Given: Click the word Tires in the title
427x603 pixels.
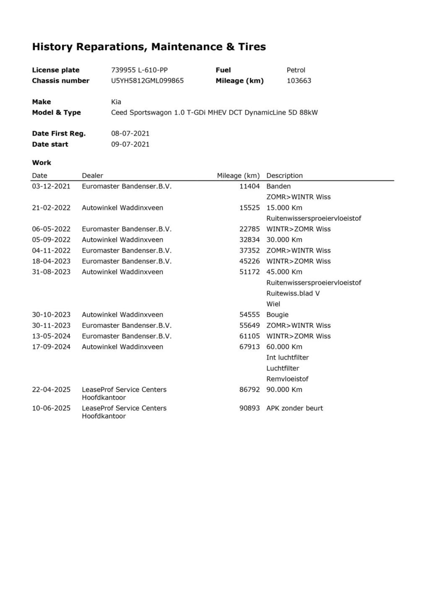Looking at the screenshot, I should coord(252,47).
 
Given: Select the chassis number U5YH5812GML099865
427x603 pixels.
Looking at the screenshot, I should coord(147,81).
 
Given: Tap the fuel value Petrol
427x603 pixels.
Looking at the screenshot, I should coord(296,70).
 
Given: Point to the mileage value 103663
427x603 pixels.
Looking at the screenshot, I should coord(299,81).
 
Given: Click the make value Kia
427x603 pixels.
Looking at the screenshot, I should coord(116,102).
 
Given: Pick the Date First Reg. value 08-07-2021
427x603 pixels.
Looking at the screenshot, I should coord(130,134).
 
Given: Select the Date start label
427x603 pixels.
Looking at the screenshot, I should coord(50,144).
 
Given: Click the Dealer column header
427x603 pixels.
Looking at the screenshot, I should coord(92,175).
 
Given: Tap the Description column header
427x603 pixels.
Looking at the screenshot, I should coord(284,175).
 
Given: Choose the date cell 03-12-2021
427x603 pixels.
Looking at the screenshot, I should coord(51,186).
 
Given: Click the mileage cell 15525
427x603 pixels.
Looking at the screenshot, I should coord(249,208).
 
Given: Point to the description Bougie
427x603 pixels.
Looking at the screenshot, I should coord(277,315).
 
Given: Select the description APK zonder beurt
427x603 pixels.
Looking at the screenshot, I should coord(295,408).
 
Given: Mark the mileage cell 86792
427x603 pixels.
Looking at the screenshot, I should coord(249,389).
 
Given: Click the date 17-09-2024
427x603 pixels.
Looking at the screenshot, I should coord(51,347).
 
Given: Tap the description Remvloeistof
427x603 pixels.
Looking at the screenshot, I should coord(287,379).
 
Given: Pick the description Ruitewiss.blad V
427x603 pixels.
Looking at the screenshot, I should coord(293,293).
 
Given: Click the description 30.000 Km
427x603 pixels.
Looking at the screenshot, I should coord(284,240).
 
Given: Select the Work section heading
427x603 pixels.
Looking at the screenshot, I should coord(42,162).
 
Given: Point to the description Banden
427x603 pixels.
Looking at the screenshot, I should coord(279,186).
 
